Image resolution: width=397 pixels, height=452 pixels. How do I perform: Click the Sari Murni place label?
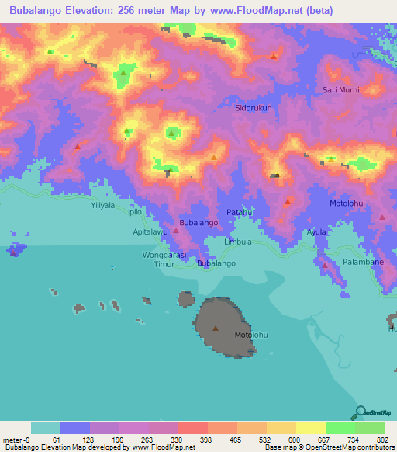click(x=341, y=90)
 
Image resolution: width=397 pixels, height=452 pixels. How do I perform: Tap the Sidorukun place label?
click(x=254, y=109)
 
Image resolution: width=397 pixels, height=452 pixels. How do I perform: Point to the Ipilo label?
click(x=135, y=211)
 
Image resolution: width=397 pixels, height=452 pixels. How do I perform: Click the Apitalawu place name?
click(x=151, y=231)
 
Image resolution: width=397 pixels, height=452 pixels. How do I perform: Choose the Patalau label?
click(x=240, y=212)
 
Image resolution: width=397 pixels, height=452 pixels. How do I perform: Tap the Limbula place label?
click(x=238, y=242)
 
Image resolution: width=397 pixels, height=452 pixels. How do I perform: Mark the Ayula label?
click(x=316, y=231)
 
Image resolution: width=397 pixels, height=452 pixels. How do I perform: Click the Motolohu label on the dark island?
click(x=251, y=335)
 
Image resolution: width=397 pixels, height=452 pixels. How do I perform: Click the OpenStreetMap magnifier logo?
click(x=360, y=412)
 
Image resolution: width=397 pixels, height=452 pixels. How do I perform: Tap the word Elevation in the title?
click(x=91, y=10)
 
